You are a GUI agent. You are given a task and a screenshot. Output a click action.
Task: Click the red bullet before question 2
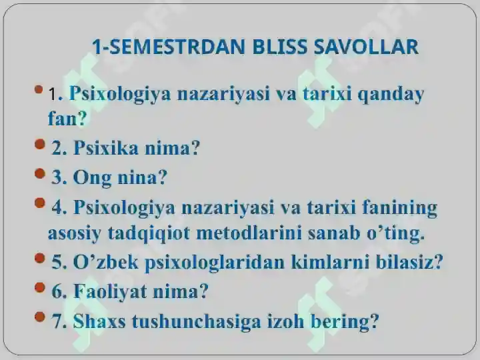[x=40, y=143]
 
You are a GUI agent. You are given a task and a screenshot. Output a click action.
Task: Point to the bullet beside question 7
[x=40, y=317]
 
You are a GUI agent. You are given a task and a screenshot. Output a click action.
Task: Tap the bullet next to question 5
[x=40, y=258]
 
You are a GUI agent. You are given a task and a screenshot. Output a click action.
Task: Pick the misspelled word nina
[x=143, y=177]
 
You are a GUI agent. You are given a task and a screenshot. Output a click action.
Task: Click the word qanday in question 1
[x=391, y=95]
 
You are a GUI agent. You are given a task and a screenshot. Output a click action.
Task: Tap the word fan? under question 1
[x=67, y=118]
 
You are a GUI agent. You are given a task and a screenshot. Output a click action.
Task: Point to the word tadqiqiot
[x=149, y=234]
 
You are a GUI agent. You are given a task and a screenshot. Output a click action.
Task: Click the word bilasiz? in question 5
[x=409, y=262]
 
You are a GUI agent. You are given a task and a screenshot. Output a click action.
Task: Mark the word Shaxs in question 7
[x=99, y=321]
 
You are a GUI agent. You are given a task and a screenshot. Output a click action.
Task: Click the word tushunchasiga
[x=196, y=322]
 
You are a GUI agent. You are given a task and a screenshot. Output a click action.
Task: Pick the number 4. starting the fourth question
[x=59, y=207]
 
